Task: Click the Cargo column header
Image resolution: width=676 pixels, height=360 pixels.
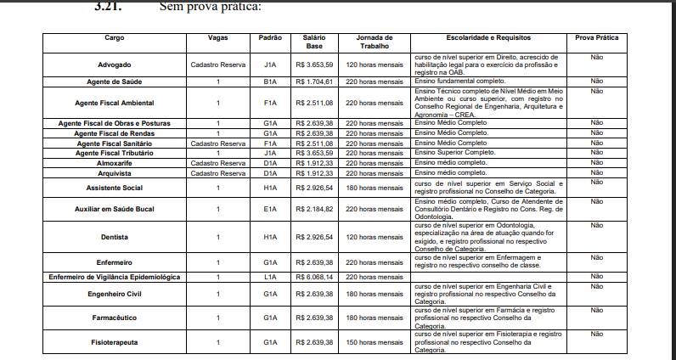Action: [x=114, y=38]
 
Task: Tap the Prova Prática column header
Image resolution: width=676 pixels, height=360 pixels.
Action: [x=596, y=38]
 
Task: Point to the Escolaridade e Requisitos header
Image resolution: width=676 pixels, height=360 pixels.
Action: [x=488, y=38]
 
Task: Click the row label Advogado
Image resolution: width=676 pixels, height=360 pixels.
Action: [x=114, y=65]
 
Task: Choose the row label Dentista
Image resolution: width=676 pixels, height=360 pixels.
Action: [x=114, y=237]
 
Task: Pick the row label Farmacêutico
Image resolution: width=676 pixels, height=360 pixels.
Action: [x=114, y=318]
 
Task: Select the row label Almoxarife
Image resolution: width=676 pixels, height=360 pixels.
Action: [x=114, y=161]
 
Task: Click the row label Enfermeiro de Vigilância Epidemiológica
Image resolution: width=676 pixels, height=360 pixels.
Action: [x=114, y=277]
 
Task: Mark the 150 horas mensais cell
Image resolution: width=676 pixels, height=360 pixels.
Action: [x=374, y=342]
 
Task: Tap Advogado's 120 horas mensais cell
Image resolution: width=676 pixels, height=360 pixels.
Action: [x=374, y=65]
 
